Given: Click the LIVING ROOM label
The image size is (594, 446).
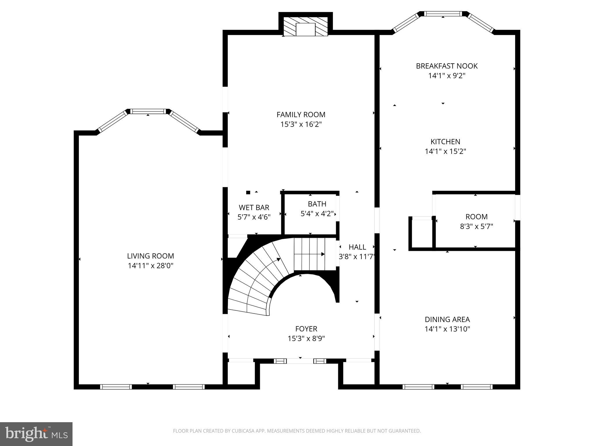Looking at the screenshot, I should point(150,256).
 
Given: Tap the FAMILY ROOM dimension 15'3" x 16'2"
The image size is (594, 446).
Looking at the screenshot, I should point(301,124).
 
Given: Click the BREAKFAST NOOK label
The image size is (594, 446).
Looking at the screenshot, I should point(447,66).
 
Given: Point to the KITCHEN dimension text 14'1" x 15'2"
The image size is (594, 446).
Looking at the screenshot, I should point(445,151).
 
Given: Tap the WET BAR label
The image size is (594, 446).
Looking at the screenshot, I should point(254,207).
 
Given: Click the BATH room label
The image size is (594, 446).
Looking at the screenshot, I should point(317,204).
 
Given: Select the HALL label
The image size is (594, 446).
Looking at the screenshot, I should point(357,247).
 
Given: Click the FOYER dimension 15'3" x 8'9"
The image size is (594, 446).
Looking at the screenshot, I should point(306,338).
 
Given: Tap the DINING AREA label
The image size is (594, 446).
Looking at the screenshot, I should point(447,319).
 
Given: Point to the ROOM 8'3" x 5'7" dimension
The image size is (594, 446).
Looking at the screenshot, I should point(476,226).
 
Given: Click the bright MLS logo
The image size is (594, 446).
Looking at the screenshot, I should point(36,434).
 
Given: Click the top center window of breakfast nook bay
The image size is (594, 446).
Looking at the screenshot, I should point(443,14).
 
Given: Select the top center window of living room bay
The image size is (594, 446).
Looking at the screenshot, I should point(148,111).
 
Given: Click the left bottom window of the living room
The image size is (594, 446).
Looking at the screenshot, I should point(116,387).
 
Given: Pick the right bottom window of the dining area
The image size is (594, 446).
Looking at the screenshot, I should point(476,387).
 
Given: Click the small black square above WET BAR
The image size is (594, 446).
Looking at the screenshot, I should point(248,192).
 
